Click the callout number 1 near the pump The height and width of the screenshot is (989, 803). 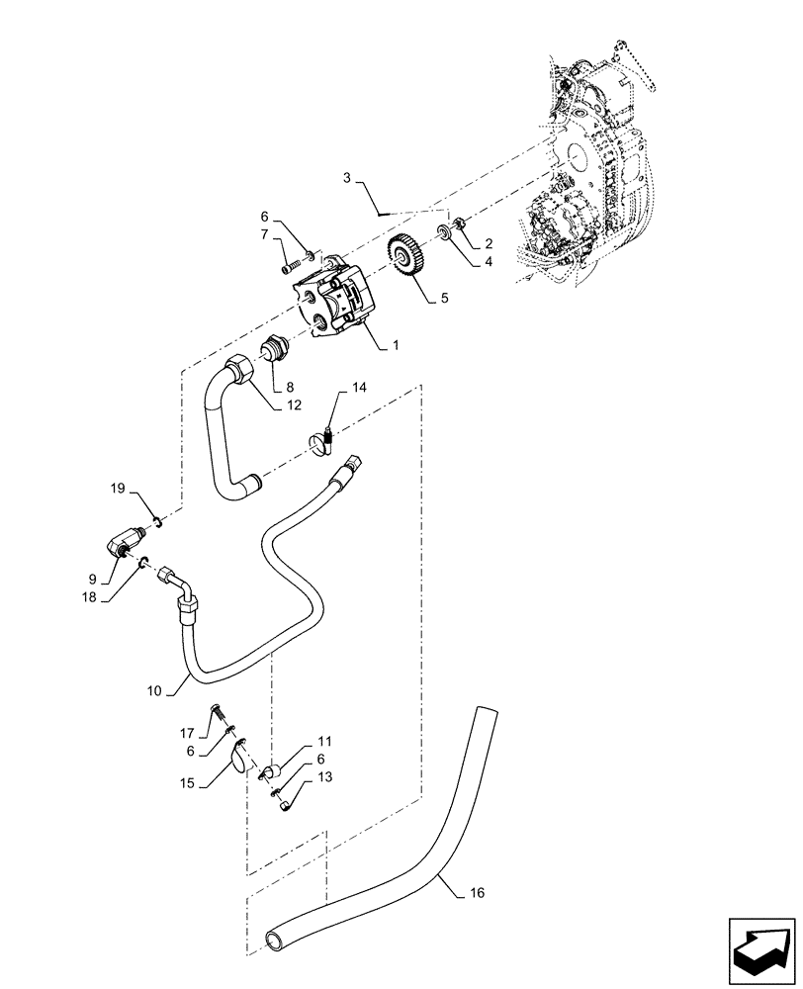pyautogui.click(x=396, y=346)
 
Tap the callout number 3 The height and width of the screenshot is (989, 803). pyautogui.click(x=347, y=178)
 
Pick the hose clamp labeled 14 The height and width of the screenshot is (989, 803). pyautogui.click(x=321, y=442)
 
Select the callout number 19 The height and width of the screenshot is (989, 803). pyautogui.click(x=117, y=489)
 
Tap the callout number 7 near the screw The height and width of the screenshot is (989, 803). pyautogui.click(x=264, y=234)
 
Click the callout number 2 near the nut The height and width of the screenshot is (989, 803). pyautogui.click(x=489, y=242)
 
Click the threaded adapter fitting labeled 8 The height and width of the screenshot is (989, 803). pyautogui.click(x=271, y=350)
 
